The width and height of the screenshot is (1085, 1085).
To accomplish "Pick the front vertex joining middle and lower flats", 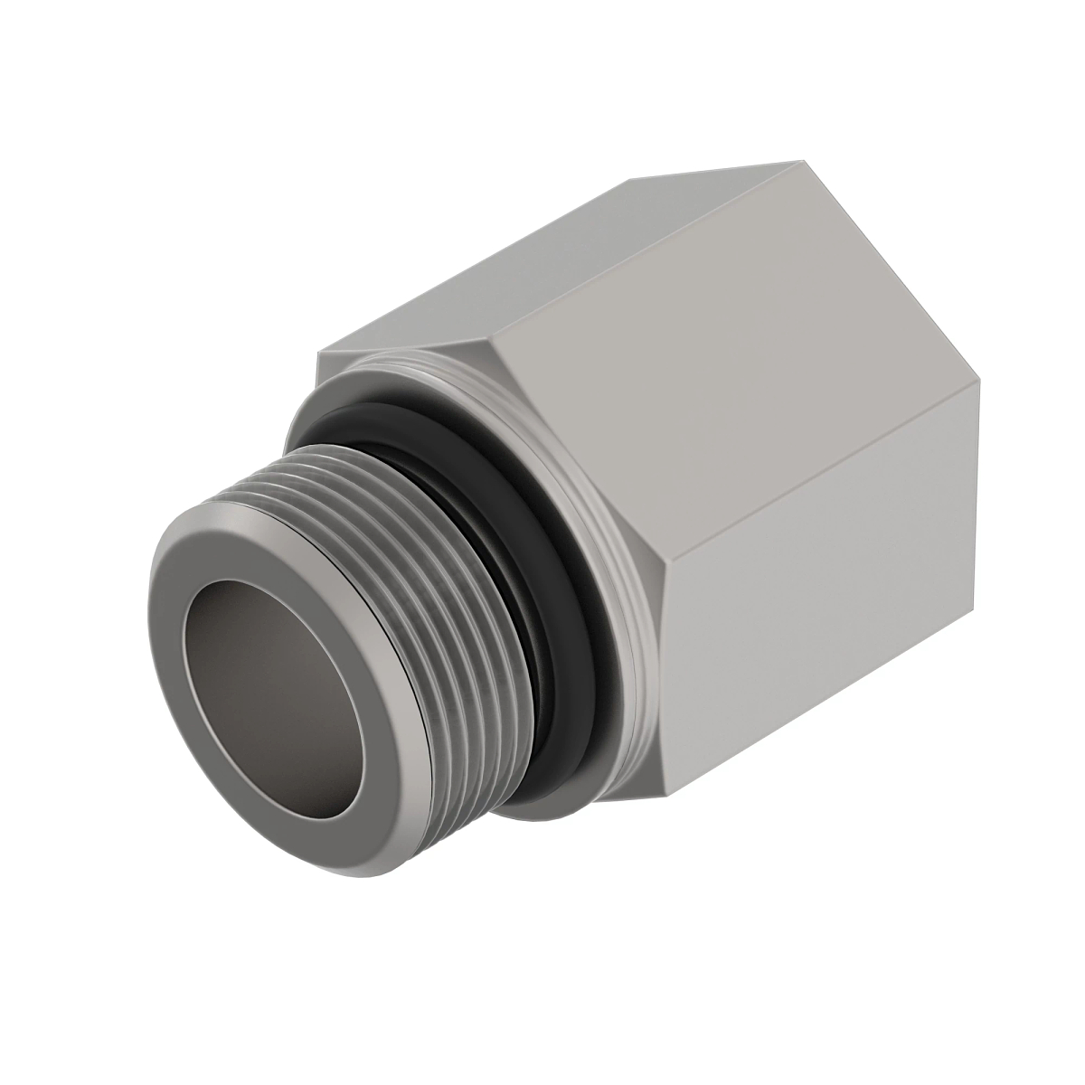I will click(x=665, y=588).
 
